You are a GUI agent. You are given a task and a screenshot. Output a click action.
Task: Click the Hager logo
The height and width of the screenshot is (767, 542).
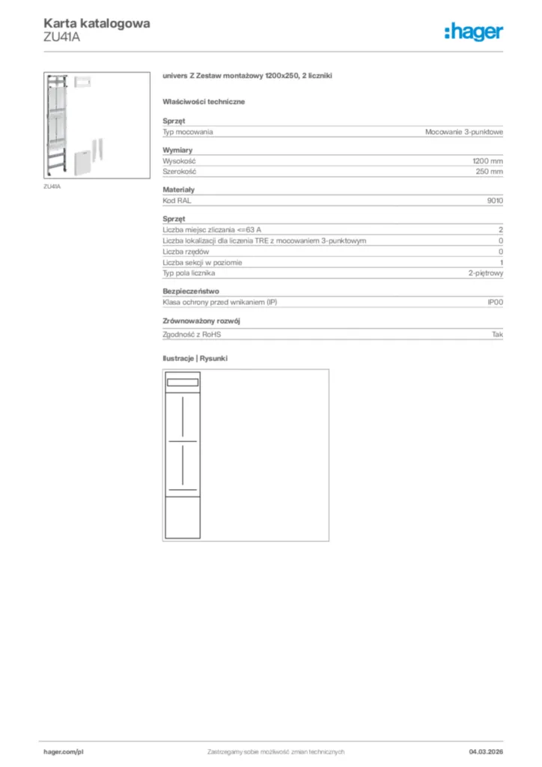[x=474, y=31]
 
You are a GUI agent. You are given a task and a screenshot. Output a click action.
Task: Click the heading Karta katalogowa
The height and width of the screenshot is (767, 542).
[x=97, y=23]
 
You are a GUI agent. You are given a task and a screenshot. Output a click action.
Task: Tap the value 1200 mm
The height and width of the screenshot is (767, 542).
[x=487, y=161]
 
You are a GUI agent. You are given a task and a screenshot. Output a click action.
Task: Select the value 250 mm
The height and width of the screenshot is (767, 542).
[x=490, y=172]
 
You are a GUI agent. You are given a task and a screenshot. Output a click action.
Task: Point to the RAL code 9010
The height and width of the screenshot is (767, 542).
[x=495, y=201]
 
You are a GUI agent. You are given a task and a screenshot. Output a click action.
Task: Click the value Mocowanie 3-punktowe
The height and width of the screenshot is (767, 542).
[x=464, y=132]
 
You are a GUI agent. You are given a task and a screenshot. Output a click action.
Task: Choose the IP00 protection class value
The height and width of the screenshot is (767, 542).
[x=495, y=302]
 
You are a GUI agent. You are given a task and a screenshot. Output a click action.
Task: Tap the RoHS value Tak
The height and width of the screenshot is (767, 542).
[x=497, y=334]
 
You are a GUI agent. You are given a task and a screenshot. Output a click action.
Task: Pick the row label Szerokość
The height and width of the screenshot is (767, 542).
[x=179, y=172]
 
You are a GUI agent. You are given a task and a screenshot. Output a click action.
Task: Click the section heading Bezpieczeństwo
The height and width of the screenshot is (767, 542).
[x=191, y=291]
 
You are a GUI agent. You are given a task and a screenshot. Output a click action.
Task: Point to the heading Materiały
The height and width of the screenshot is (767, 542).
[x=179, y=190]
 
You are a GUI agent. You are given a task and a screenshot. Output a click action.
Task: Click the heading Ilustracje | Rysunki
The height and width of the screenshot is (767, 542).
[x=195, y=359]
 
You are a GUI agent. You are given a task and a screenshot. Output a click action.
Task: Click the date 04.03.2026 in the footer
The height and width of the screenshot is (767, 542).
[x=486, y=751]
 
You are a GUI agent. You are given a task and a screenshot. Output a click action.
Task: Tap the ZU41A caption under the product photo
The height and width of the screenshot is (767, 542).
[x=52, y=187]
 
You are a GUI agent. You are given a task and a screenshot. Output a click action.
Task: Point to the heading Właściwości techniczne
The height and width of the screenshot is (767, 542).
[x=204, y=101]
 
